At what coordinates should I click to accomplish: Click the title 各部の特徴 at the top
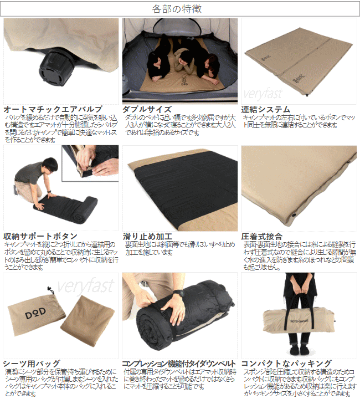tap(180, 9)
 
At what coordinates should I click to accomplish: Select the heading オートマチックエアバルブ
tap(53, 109)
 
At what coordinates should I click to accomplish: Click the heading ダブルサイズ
tap(147, 109)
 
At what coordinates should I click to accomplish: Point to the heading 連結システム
tap(266, 109)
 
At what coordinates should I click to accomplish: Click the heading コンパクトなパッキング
tap(286, 364)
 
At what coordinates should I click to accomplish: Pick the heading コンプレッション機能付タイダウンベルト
tap(179, 364)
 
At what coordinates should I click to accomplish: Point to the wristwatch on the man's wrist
tap(178, 293)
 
